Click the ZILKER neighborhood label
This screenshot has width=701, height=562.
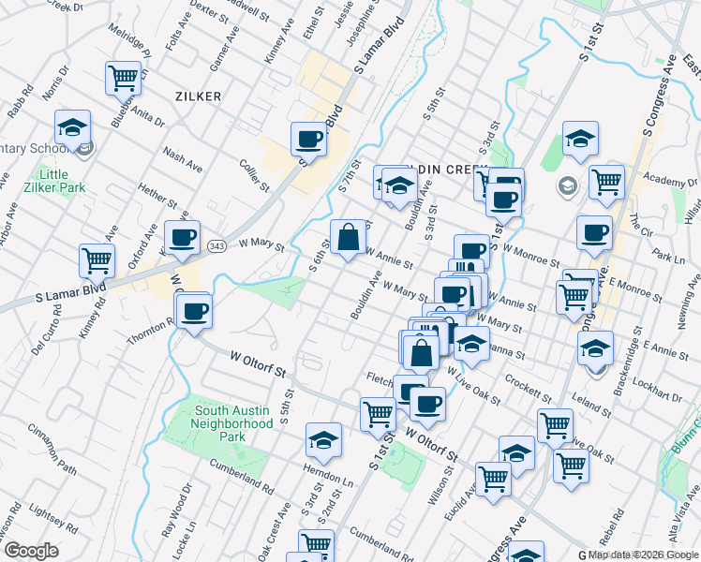pyautogui.click(x=197, y=96)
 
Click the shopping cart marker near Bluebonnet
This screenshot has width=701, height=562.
pyautogui.click(x=123, y=79)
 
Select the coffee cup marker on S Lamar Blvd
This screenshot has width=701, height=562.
pyautogui.click(x=308, y=140)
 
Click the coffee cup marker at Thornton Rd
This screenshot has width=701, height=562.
pyautogui.click(x=194, y=311)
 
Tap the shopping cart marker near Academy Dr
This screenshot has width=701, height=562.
pyautogui.click(x=607, y=183)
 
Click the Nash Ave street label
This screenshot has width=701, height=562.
pyautogui.click(x=182, y=160)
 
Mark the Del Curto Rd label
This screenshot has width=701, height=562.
pyautogui.click(x=44, y=338)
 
